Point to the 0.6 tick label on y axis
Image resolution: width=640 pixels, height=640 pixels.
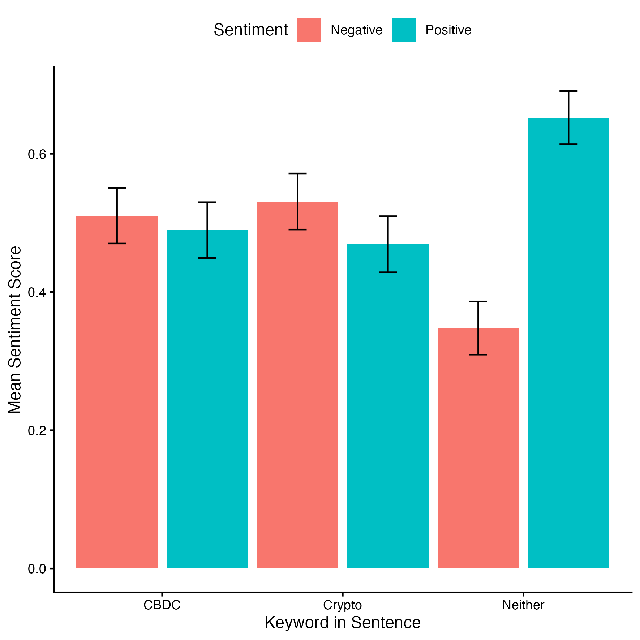pyautogui.click(x=37, y=154)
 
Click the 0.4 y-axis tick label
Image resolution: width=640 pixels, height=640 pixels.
pyautogui.click(x=37, y=292)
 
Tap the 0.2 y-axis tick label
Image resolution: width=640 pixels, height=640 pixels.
pyautogui.click(x=37, y=430)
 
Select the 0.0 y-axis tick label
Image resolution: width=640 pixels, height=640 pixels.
pyautogui.click(x=37, y=569)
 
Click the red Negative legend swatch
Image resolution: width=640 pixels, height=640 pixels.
pyautogui.click(x=309, y=30)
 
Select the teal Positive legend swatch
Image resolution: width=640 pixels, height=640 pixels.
pyautogui.click(x=404, y=30)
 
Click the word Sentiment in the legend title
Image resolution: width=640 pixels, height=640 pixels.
pyautogui.click(x=251, y=30)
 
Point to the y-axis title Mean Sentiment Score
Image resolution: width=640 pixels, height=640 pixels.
pyautogui.click(x=15, y=330)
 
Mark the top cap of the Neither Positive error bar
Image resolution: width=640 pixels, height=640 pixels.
pyautogui.click(x=568, y=91)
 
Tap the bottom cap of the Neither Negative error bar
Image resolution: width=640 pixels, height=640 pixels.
pyautogui.click(x=478, y=355)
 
